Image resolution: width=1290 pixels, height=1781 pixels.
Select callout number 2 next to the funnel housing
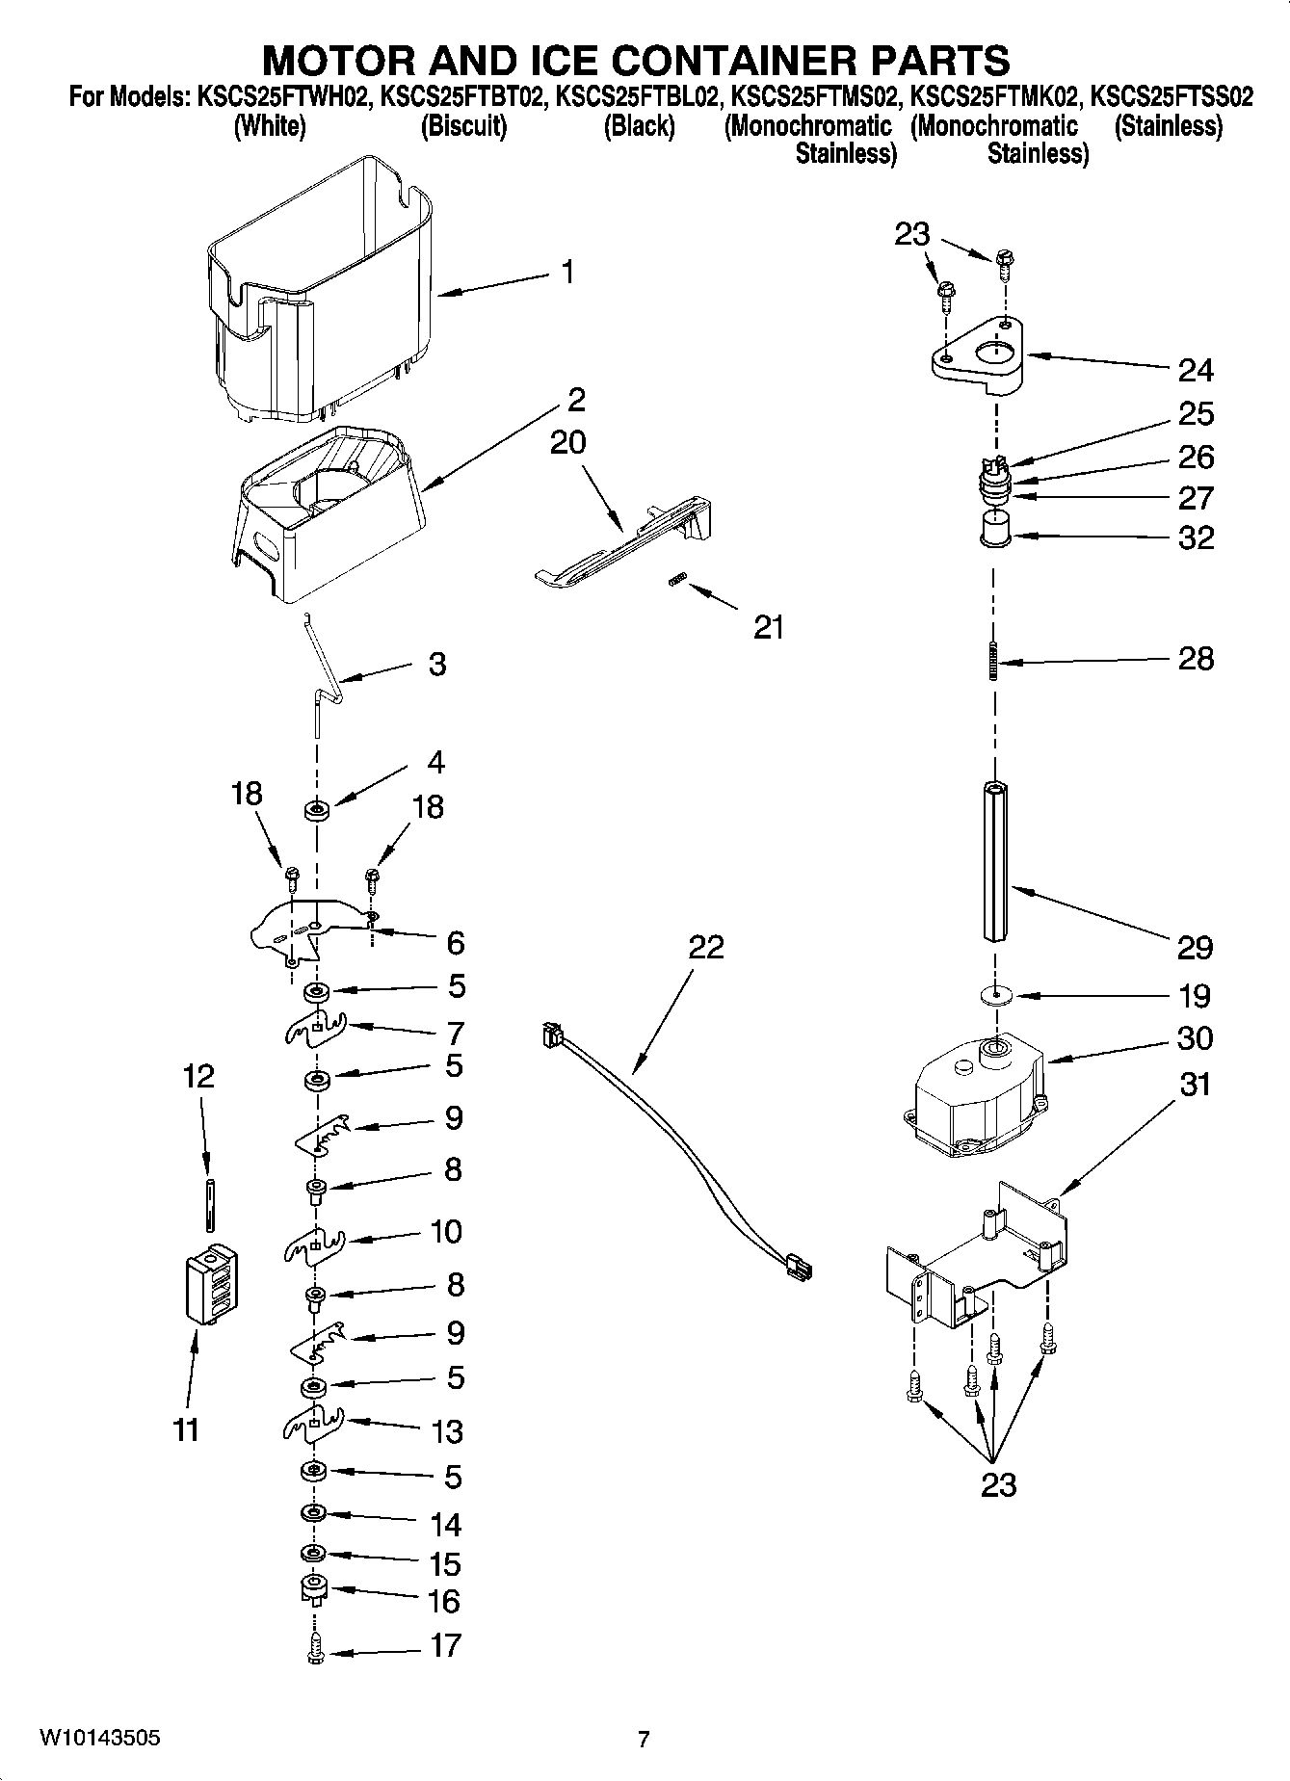(576, 399)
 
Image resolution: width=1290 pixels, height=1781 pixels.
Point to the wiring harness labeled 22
(674, 1156)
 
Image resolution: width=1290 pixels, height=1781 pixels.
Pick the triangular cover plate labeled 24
(978, 360)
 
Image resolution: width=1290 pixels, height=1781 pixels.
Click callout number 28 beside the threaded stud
(1196, 660)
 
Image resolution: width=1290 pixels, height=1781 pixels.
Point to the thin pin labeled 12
(208, 1204)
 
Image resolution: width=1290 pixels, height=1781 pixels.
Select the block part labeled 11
(210, 1286)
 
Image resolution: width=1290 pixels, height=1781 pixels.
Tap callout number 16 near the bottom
(444, 1601)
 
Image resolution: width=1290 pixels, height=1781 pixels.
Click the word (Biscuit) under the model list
(463, 126)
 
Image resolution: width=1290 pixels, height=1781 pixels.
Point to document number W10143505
(99, 1738)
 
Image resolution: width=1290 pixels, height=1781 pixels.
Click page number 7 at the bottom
(644, 1739)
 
